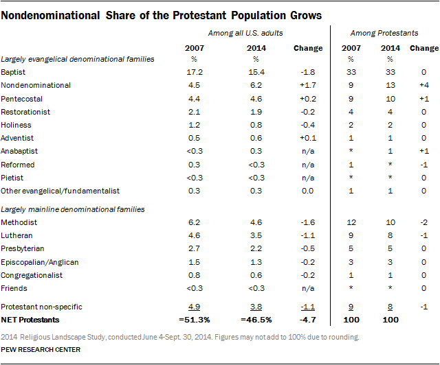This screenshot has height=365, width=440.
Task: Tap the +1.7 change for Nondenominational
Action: [307, 85]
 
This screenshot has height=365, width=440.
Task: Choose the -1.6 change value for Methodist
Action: [307, 222]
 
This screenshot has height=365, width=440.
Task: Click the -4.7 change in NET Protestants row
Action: [307, 320]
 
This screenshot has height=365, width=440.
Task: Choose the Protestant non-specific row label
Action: [38, 307]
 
